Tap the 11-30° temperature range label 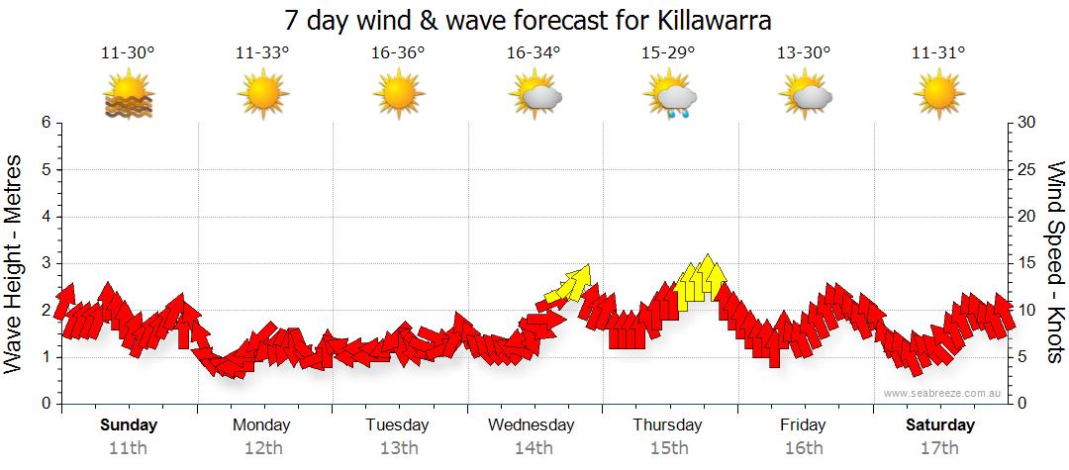click(128, 52)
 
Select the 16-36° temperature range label click(398, 52)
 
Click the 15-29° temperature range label click(668, 52)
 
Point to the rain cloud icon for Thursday click(670, 98)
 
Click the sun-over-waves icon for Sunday click(128, 97)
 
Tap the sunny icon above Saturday click(938, 97)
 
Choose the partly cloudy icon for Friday click(805, 97)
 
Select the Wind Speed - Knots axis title click(1055, 263)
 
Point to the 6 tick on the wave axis click(46, 123)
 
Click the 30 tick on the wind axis click(1027, 123)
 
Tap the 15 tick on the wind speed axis click(1027, 263)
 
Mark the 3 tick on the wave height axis click(46, 263)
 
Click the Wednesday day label click(533, 425)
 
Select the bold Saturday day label click(940, 425)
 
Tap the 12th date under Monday click(262, 448)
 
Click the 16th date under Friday click(803, 448)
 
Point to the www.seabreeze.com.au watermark click(944, 393)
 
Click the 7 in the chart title click(291, 20)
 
